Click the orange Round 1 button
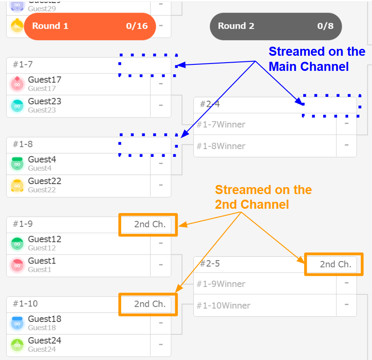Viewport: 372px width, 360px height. coord(90,26)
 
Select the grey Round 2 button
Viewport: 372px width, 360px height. coord(276,26)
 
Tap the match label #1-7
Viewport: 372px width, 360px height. coord(23,65)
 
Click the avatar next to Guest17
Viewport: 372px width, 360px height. coord(17,84)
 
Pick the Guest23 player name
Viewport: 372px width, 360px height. coord(45,102)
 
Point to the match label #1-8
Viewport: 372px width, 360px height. coord(23,144)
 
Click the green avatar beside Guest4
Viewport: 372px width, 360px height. coord(17,164)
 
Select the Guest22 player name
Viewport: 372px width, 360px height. coord(45,181)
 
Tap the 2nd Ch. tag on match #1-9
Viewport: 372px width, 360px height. coord(149,224)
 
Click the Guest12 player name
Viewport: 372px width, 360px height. coord(45,239)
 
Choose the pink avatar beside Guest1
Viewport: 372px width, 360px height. coord(17,265)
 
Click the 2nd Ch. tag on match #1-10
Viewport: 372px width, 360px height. coord(149,304)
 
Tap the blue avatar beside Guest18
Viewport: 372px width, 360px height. coord(17,323)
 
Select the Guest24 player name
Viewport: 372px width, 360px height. coord(45,341)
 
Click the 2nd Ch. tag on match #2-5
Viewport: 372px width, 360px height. coord(335,264)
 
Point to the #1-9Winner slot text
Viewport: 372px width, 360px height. coord(221,284)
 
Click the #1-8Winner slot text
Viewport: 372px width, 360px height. coord(221,146)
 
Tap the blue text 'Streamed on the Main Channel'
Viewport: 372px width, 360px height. coord(317,59)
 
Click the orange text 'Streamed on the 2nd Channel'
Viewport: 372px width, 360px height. coord(263,197)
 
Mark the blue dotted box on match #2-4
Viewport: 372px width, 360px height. coord(331,105)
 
